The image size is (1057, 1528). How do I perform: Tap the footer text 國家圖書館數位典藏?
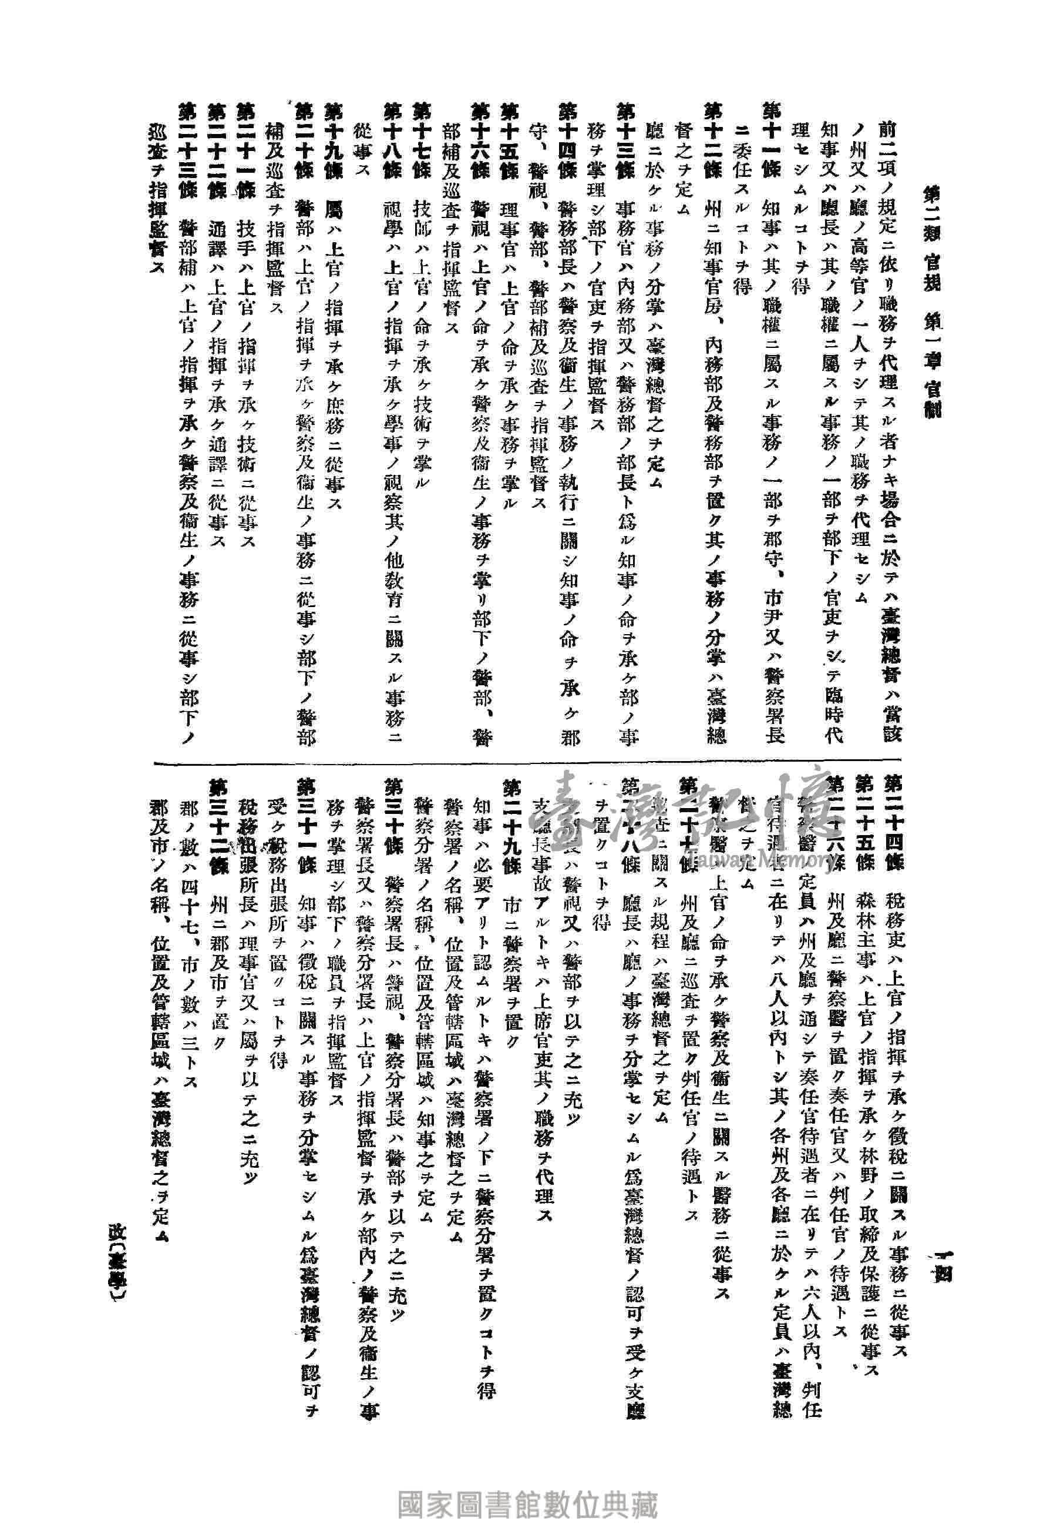pos(528,1486)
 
